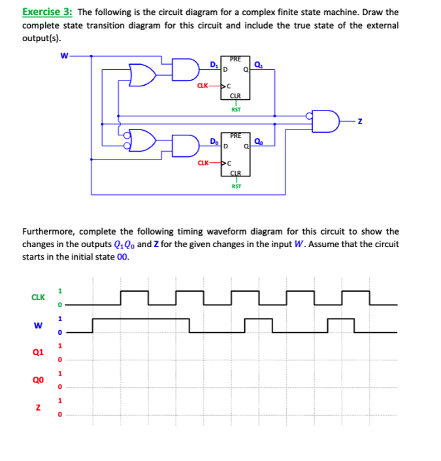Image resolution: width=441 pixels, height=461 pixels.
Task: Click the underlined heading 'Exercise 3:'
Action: tap(47, 12)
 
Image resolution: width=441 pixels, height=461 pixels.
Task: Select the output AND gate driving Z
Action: tap(327, 122)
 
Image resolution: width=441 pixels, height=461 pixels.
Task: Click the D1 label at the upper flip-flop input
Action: tap(213, 64)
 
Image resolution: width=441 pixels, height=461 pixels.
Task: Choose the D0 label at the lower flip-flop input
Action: tap(213, 141)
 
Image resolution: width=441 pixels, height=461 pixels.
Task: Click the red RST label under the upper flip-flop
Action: tap(236, 110)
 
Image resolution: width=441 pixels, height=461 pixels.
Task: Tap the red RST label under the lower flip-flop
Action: tap(236, 186)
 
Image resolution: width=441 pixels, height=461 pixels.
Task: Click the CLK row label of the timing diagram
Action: tap(38, 298)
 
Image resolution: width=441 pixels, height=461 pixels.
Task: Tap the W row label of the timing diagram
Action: tap(38, 325)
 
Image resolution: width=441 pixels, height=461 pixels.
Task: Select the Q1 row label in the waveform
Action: tap(38, 352)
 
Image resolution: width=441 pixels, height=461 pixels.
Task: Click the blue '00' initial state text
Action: tap(122, 257)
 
